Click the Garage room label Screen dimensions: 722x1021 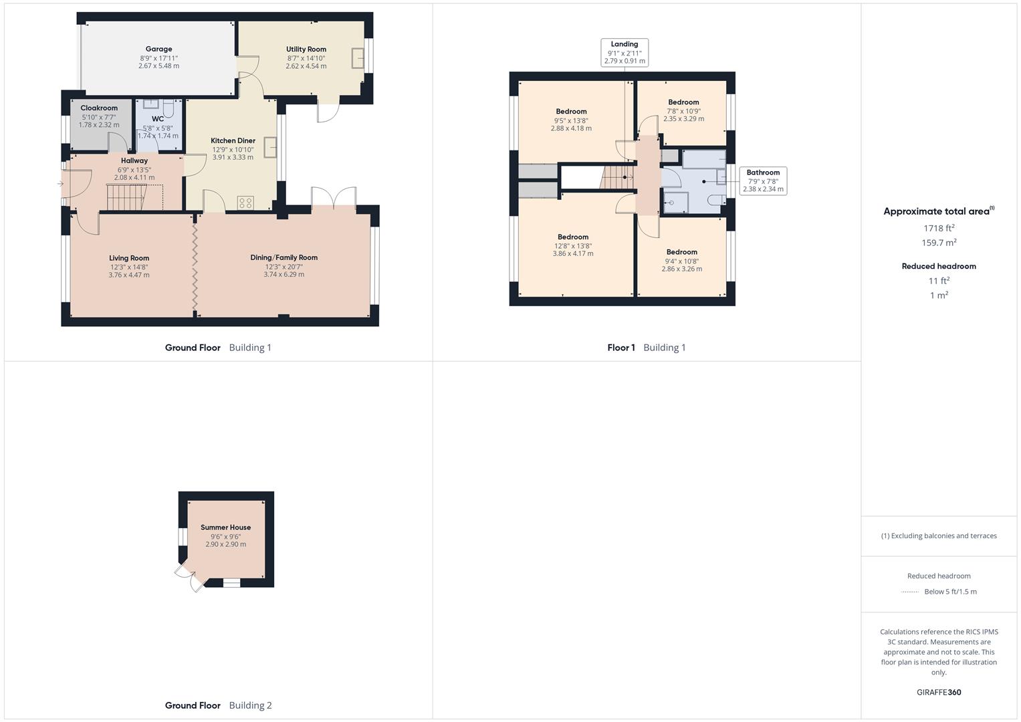[x=158, y=49]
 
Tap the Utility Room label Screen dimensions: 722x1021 [x=306, y=49]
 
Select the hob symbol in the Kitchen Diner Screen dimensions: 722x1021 [x=245, y=202]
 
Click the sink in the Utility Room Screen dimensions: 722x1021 [x=358, y=58]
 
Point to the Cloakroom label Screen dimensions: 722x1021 [x=99, y=108]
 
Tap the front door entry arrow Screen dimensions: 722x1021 [x=60, y=184]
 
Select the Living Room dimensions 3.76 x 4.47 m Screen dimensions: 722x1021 [x=129, y=275]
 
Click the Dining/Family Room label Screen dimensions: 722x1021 [x=283, y=257]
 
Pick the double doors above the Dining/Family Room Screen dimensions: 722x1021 [x=334, y=199]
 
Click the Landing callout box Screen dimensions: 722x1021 [x=625, y=53]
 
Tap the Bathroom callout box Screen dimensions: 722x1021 [x=763, y=180]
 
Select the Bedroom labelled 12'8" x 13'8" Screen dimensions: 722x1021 [x=573, y=237]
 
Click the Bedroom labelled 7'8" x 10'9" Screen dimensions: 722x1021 [x=683, y=102]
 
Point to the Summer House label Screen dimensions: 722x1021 [x=225, y=527]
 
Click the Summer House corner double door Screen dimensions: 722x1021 [x=189, y=576]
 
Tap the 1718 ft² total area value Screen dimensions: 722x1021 [x=939, y=228]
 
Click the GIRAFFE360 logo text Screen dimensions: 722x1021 [x=939, y=692]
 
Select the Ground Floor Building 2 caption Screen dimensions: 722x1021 [x=219, y=705]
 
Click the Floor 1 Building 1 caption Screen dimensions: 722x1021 [x=646, y=348]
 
